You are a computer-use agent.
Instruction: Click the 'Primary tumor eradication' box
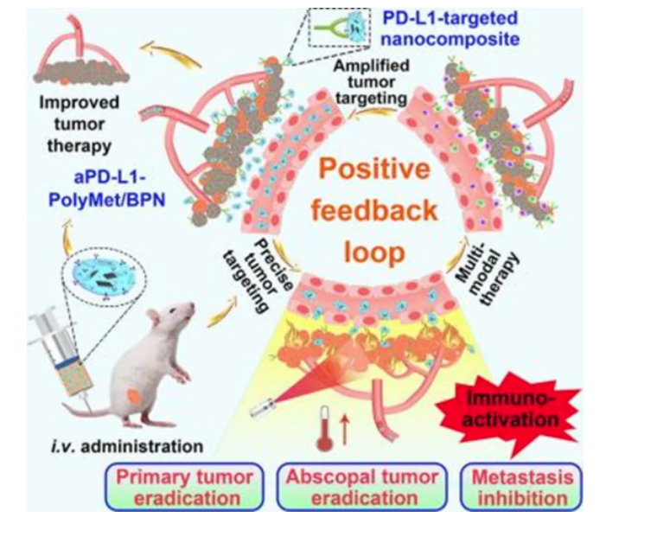[x=184, y=486]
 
